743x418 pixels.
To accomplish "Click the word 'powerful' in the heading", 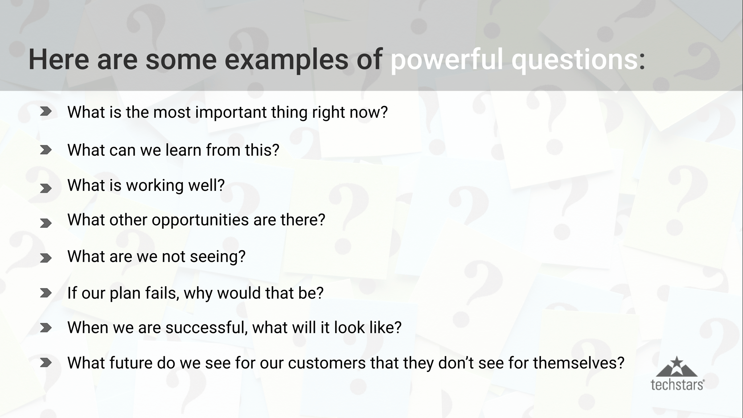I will point(446,60).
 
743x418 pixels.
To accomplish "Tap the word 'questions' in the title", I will point(574,60).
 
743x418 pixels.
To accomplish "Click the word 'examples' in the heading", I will point(286,60).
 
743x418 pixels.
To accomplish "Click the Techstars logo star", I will point(677,362).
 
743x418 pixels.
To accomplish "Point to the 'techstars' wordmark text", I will point(677,385).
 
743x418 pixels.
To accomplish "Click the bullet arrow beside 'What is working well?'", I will point(46,188).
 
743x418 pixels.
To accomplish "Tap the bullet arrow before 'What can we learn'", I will point(46,150).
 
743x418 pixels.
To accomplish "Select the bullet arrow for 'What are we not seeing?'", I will point(46,258).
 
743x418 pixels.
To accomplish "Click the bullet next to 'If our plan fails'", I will point(46,293).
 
